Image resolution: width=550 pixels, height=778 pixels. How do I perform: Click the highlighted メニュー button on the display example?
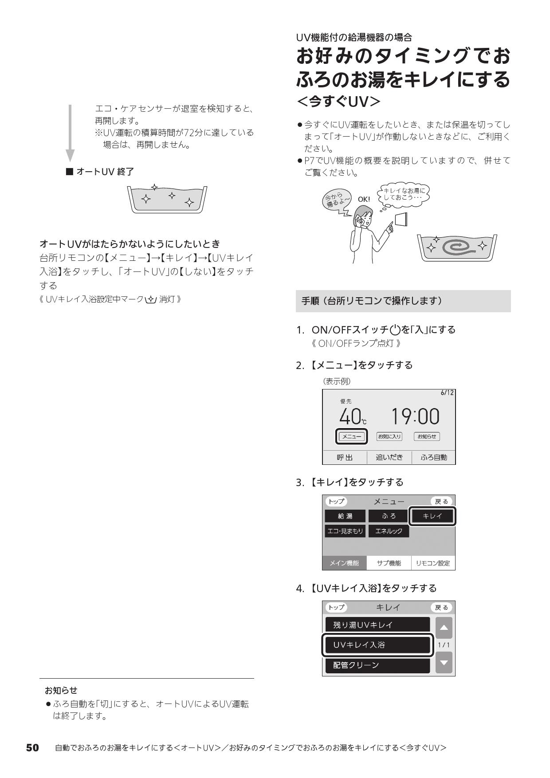click(x=352, y=436)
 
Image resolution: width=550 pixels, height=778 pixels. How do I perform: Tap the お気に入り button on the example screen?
click(x=389, y=436)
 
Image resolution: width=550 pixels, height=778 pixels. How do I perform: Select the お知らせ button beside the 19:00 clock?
click(x=427, y=436)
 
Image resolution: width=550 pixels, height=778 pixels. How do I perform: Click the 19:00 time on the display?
click(x=415, y=417)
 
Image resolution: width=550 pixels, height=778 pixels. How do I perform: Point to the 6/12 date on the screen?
click(x=447, y=393)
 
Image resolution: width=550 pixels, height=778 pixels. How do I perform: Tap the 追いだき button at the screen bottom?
click(x=389, y=457)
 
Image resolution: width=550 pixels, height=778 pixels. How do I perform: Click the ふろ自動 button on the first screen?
click(x=433, y=457)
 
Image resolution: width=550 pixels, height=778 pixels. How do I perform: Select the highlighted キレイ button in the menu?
click(x=432, y=516)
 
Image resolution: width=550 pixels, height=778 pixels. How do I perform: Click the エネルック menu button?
click(x=389, y=531)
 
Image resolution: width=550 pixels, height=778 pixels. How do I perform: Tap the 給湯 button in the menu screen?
click(x=345, y=516)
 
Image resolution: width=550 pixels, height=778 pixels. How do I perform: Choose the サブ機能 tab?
click(x=389, y=563)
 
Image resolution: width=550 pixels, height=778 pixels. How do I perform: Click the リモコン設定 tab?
click(x=432, y=563)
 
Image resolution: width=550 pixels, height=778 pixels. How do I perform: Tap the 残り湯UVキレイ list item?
click(x=377, y=625)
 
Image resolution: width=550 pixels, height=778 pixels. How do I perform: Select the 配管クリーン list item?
click(x=377, y=665)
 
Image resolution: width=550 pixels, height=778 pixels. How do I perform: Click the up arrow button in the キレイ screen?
click(x=444, y=628)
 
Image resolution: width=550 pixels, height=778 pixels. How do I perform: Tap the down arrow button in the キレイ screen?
click(x=444, y=663)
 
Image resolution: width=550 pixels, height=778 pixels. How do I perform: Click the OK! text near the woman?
click(x=364, y=200)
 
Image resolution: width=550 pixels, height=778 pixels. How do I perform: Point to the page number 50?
click(x=32, y=748)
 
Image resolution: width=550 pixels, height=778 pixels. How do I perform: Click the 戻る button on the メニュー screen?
click(x=441, y=502)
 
